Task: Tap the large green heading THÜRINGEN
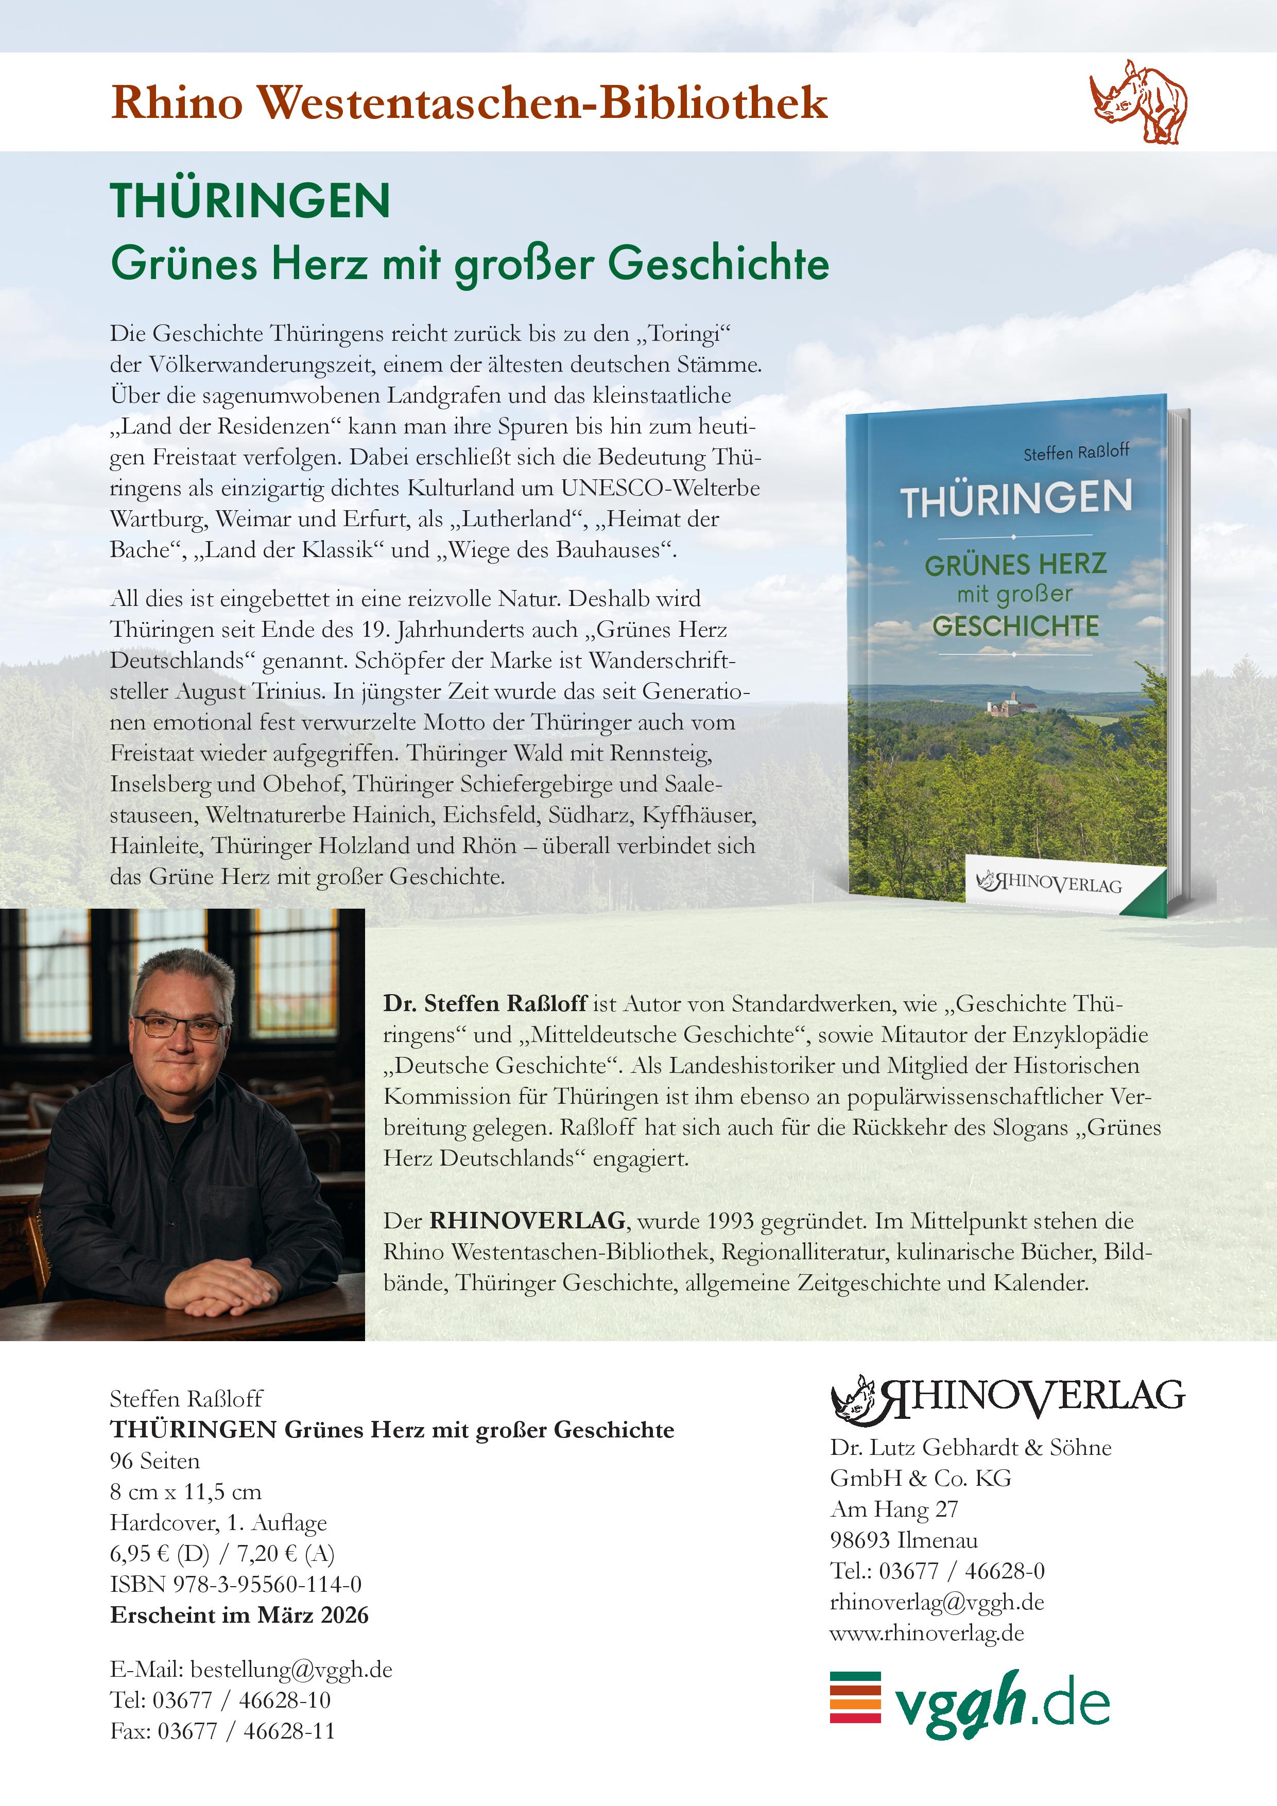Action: [x=250, y=201]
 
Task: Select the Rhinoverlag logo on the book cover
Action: [x=1049, y=882]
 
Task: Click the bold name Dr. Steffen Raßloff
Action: [x=485, y=1004]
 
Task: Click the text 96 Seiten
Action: [x=155, y=1461]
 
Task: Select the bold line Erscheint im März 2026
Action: [x=239, y=1615]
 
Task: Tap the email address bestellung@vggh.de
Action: [x=291, y=1669]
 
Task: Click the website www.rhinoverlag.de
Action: [x=927, y=1633]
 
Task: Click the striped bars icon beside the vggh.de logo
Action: [x=855, y=1697]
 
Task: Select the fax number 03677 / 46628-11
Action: [x=246, y=1730]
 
